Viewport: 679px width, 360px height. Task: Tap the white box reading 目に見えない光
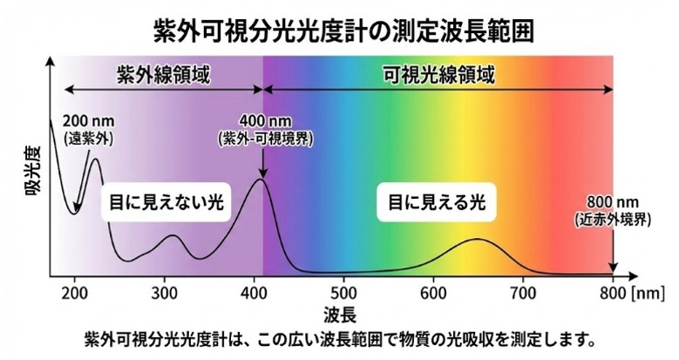pos(166,202)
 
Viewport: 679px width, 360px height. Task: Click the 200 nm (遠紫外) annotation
pos(89,128)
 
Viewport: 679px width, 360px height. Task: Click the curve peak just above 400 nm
pos(260,180)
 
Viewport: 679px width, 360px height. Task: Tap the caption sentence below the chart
pos(340,337)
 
